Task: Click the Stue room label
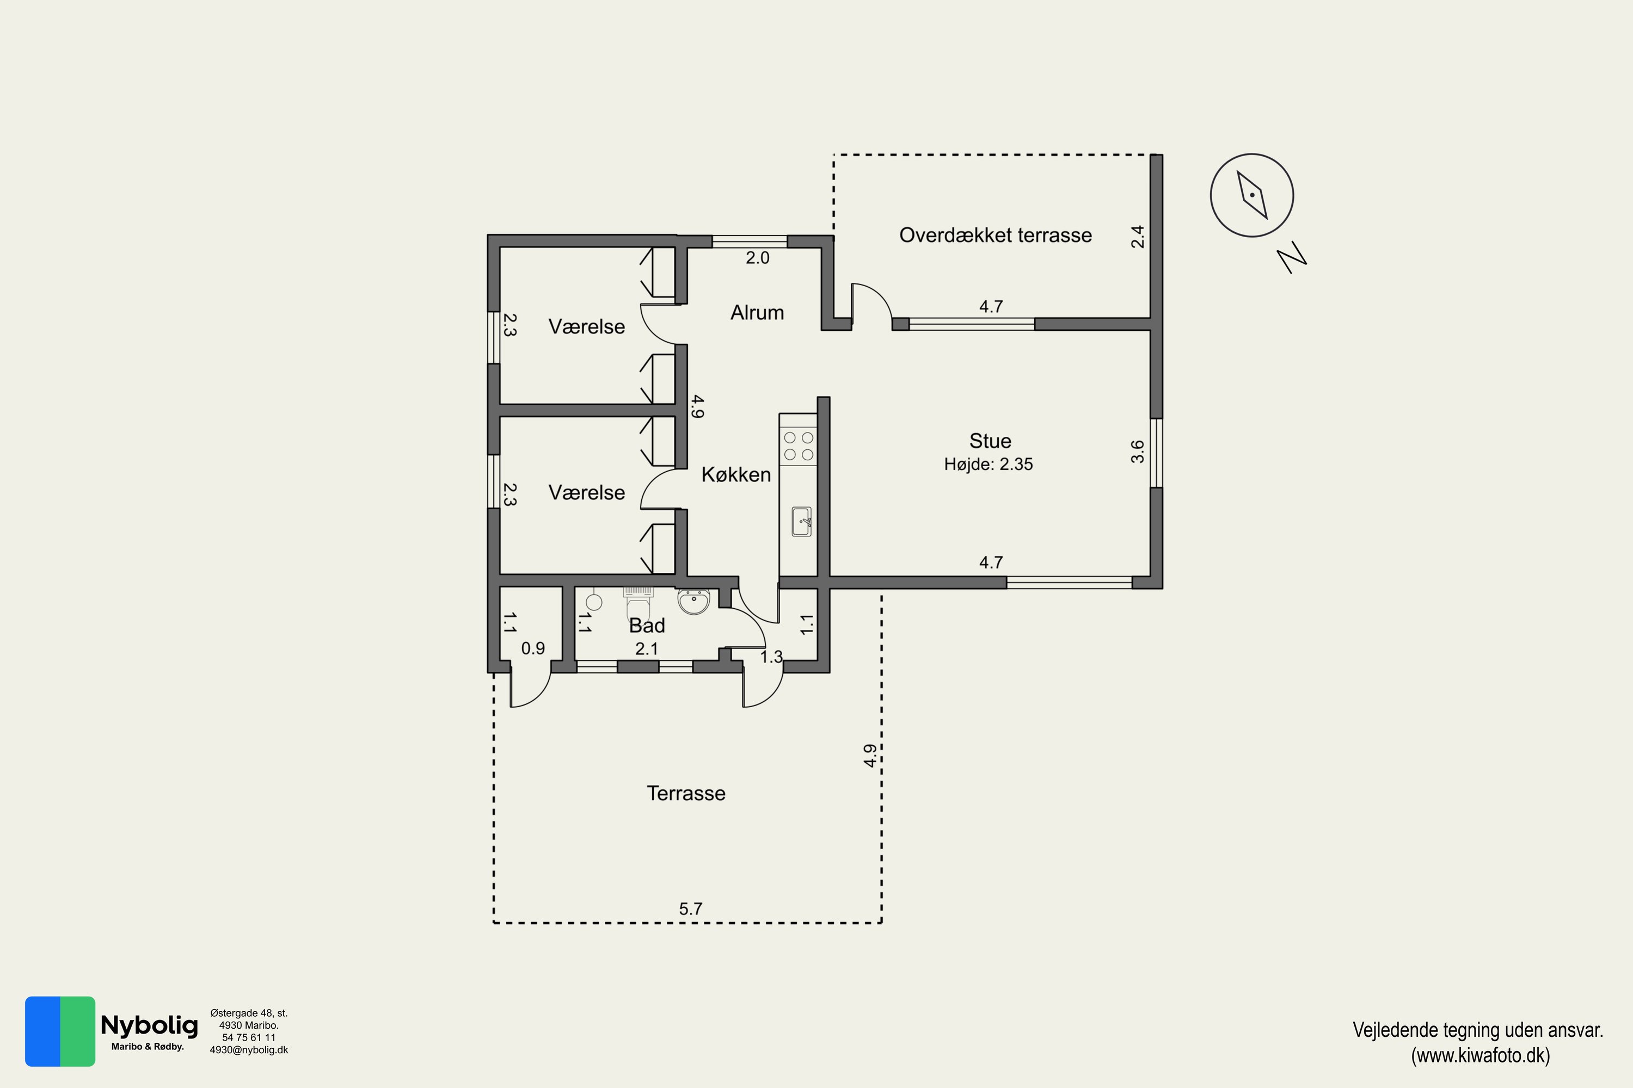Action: (990, 441)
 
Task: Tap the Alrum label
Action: (757, 312)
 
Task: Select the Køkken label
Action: (736, 474)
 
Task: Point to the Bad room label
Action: (647, 626)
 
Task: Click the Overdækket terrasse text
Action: (996, 235)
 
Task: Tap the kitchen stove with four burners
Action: (799, 446)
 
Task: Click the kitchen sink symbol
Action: (801, 521)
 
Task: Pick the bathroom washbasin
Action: (693, 602)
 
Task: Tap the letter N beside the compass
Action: (1292, 257)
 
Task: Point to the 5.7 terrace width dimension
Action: (690, 909)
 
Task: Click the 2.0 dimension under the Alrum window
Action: (758, 258)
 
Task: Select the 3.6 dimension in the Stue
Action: (1137, 452)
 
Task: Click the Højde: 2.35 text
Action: (989, 464)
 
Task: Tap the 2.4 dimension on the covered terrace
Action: (1137, 237)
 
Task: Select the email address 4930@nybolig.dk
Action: (249, 1050)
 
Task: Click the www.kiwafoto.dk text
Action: (1480, 1055)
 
